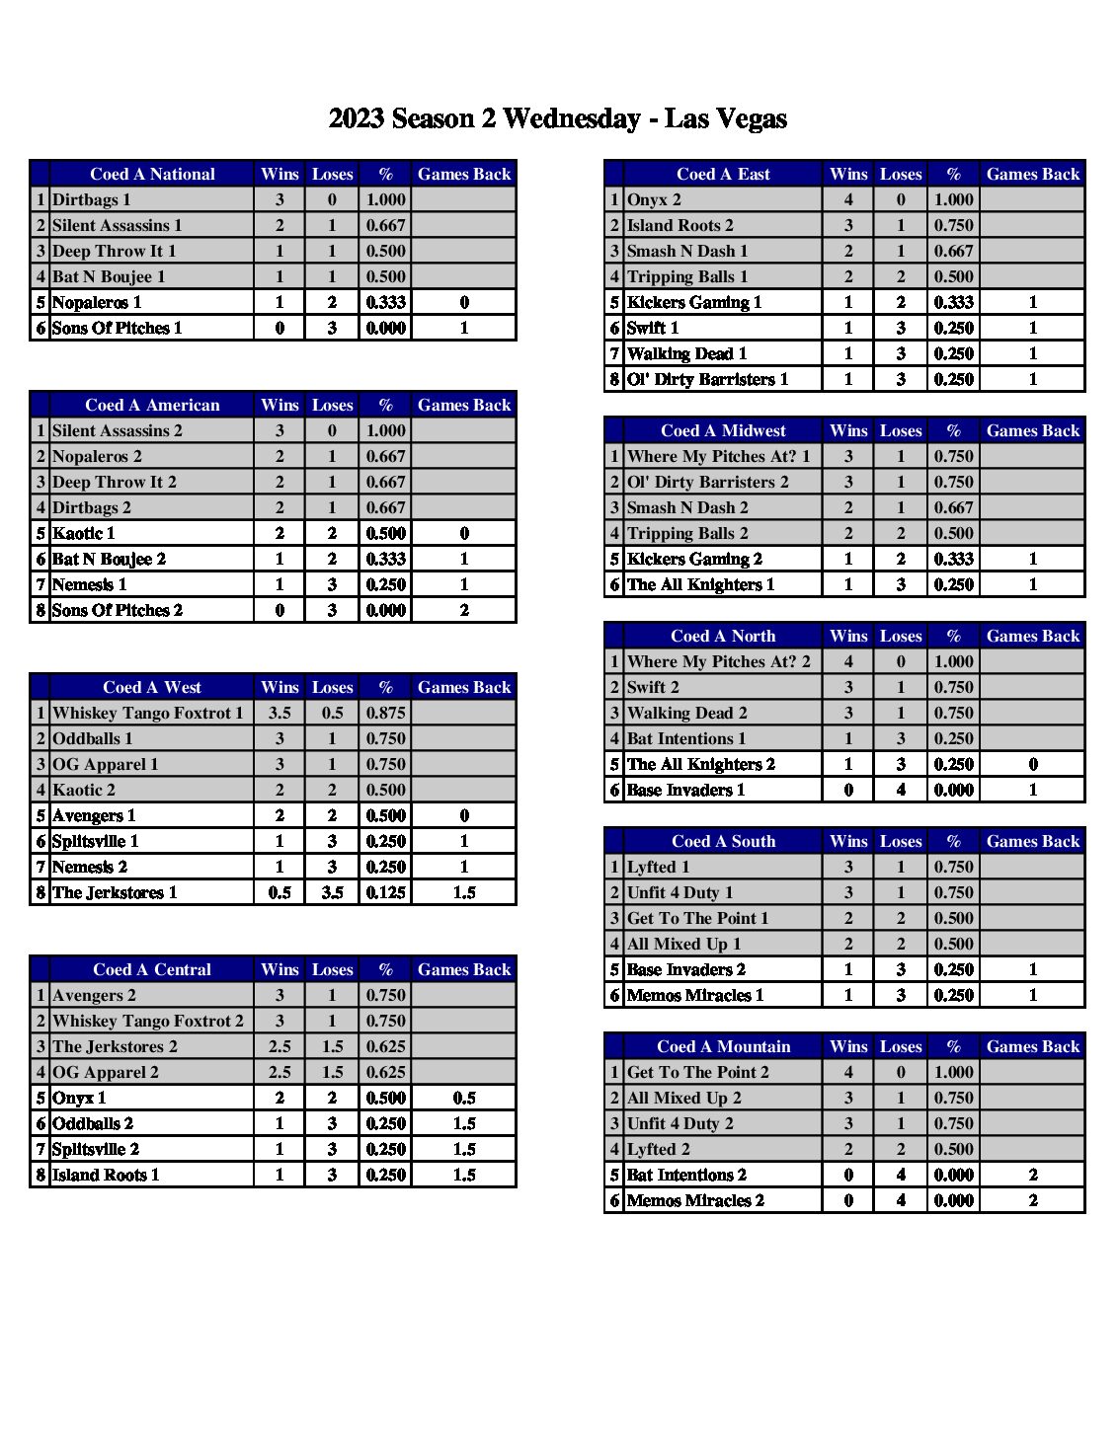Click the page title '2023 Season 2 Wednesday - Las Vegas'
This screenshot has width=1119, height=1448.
(x=557, y=119)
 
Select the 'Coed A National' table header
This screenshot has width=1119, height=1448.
(x=152, y=174)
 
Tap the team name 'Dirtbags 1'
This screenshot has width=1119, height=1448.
(x=91, y=199)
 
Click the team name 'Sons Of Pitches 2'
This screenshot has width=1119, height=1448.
(x=117, y=610)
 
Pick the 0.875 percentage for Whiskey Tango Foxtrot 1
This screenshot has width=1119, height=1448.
(x=385, y=713)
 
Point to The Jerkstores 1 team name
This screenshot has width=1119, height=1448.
(x=115, y=892)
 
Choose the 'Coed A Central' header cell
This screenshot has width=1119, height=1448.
(x=152, y=969)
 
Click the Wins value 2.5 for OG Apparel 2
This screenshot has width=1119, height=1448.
(x=280, y=1072)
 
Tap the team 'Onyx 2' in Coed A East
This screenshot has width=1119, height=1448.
(x=654, y=199)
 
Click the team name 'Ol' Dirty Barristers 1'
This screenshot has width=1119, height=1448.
(x=707, y=379)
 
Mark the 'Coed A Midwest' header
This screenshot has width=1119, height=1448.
(x=723, y=430)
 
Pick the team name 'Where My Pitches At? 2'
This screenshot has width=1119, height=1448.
(x=718, y=661)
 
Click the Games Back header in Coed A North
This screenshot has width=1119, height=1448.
(x=1032, y=636)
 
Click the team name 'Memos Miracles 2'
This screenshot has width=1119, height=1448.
(x=695, y=1200)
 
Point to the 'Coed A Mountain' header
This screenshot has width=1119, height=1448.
(x=723, y=1046)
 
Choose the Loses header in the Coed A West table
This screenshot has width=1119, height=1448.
(x=332, y=687)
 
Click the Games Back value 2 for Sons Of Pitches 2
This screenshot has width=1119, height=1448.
(x=464, y=610)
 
